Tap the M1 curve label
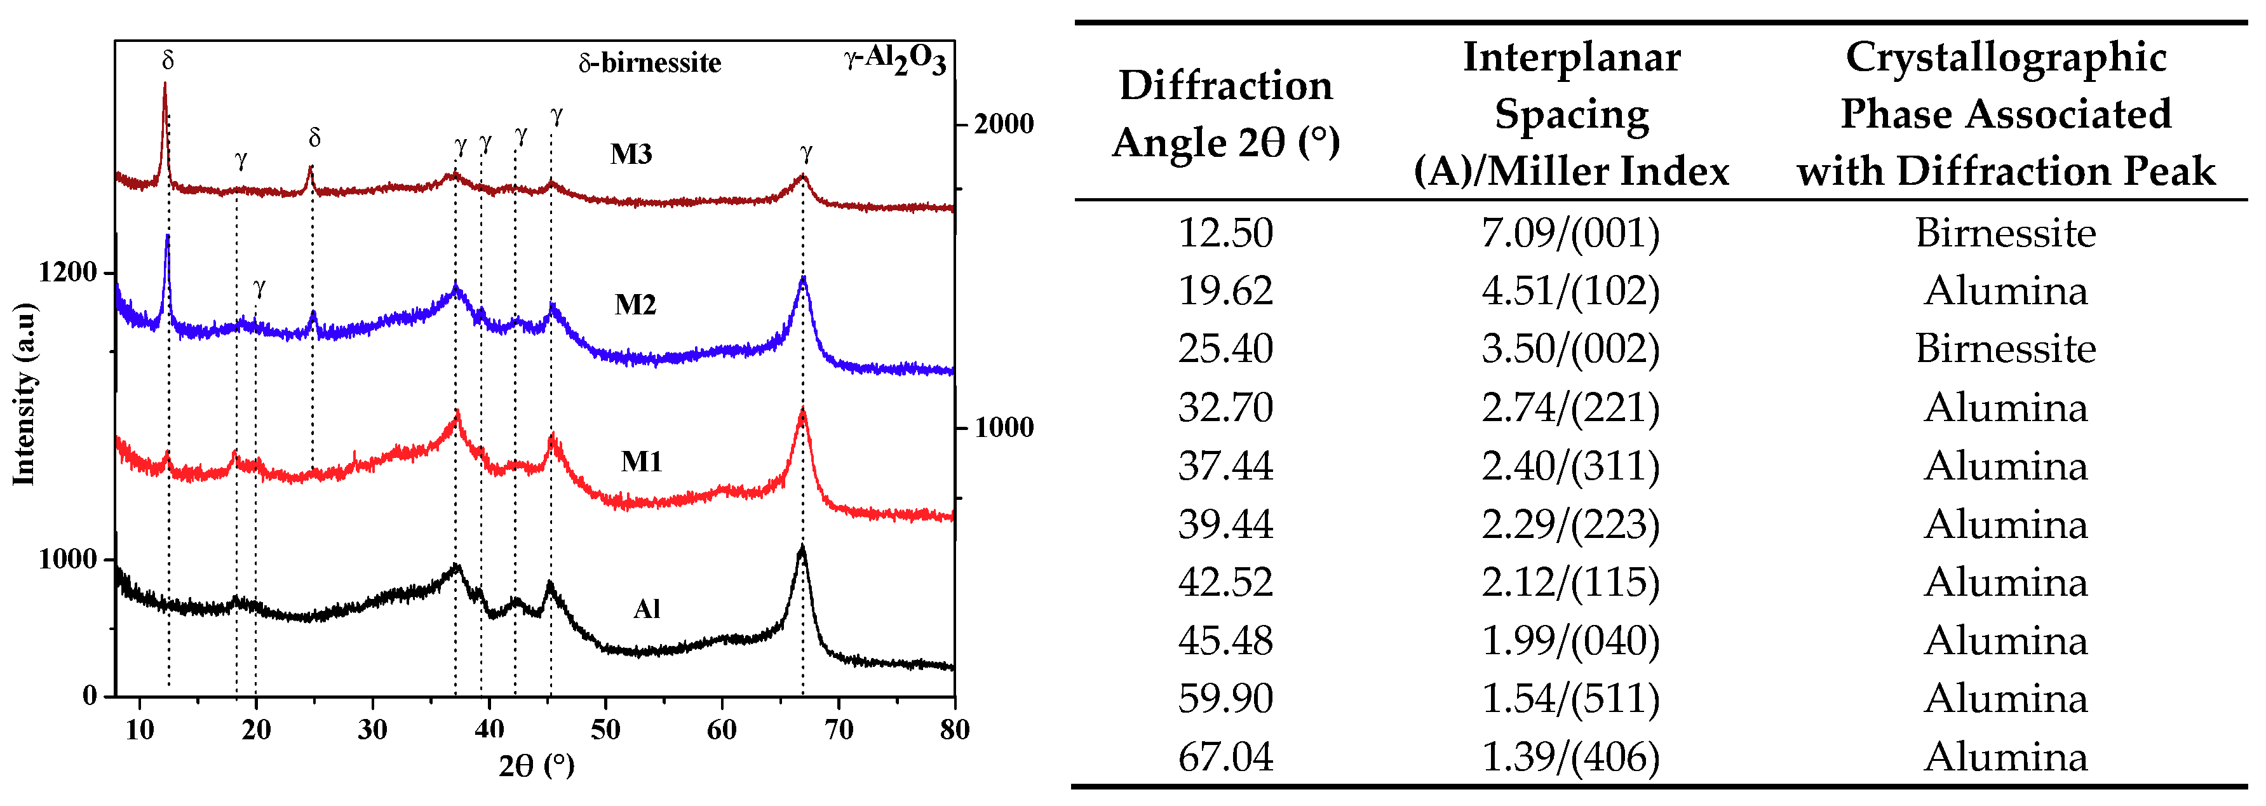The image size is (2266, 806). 640,461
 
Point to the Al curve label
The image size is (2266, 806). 647,609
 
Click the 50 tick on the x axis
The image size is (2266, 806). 605,729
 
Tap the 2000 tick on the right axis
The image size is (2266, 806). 1003,124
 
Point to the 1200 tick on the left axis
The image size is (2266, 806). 67,272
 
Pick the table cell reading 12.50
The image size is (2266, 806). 1225,233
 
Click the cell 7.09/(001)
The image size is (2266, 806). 1570,233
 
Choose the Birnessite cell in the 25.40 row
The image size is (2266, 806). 2005,349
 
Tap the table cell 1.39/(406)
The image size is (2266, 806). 1570,756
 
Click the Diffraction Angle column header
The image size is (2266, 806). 1225,114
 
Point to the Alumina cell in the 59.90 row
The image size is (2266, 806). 2005,699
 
